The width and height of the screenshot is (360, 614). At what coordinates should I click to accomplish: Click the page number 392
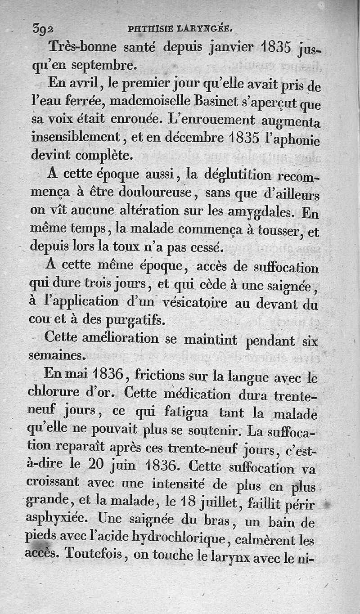point(43,28)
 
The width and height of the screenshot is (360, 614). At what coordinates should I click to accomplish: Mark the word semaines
point(56,356)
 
